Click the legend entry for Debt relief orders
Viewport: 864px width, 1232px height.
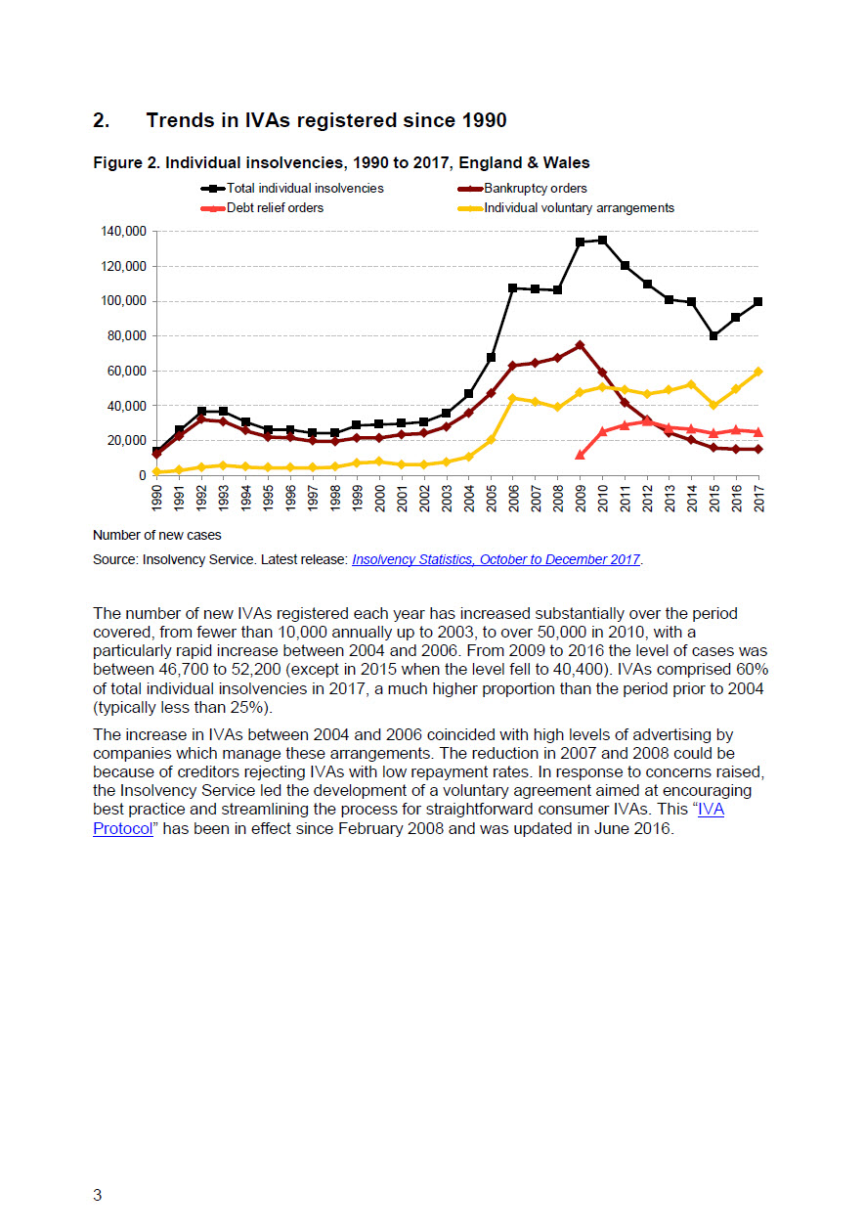[x=262, y=208]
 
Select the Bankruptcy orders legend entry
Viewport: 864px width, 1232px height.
[x=522, y=189]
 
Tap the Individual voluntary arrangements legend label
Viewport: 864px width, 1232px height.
[x=566, y=208]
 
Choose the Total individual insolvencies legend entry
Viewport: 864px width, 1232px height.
[x=292, y=189]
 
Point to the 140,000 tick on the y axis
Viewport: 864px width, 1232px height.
[x=124, y=232]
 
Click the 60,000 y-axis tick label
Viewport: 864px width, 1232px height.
[x=126, y=372]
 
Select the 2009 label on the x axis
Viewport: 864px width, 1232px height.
[x=581, y=499]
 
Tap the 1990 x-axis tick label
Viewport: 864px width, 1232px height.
[x=156, y=499]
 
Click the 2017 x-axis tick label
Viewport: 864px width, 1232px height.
[x=758, y=499]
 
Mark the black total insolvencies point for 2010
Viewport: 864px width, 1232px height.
[x=602, y=241]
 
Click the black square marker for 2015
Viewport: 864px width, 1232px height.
[x=713, y=335]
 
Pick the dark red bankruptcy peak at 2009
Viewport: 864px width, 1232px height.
[x=580, y=345]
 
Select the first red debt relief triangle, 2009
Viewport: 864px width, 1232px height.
[x=580, y=455]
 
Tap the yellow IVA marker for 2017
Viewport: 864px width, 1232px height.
[x=757, y=372]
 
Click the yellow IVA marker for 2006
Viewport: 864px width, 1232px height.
[x=513, y=398]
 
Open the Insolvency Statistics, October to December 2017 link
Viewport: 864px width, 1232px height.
[x=496, y=559]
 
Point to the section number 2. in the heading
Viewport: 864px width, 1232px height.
[x=101, y=120]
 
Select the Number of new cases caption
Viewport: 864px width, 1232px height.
[x=157, y=535]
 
